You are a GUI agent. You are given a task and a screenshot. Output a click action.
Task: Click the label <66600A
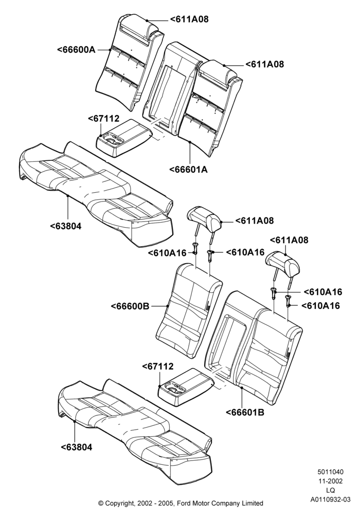(77, 50)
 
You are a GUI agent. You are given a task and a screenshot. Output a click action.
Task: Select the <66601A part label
(189, 170)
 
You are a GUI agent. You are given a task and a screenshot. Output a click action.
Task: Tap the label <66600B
(130, 306)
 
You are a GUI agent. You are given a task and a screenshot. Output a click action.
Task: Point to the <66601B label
(245, 412)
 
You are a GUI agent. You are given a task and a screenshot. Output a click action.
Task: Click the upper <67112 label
(103, 119)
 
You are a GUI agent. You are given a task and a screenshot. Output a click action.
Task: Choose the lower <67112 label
(157, 366)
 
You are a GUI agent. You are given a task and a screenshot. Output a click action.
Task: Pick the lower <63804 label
(77, 447)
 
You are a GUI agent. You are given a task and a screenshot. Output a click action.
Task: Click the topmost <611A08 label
(189, 20)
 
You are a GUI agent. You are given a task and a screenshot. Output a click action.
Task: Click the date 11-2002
(331, 481)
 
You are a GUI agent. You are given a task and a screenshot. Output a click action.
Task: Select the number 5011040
(331, 472)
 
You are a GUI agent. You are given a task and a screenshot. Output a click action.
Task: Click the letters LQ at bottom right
(331, 490)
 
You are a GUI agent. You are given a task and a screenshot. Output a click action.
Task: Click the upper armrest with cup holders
(124, 139)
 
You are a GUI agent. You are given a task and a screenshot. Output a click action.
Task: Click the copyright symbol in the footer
(101, 503)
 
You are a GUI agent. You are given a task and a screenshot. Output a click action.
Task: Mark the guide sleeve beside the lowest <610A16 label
(289, 300)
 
